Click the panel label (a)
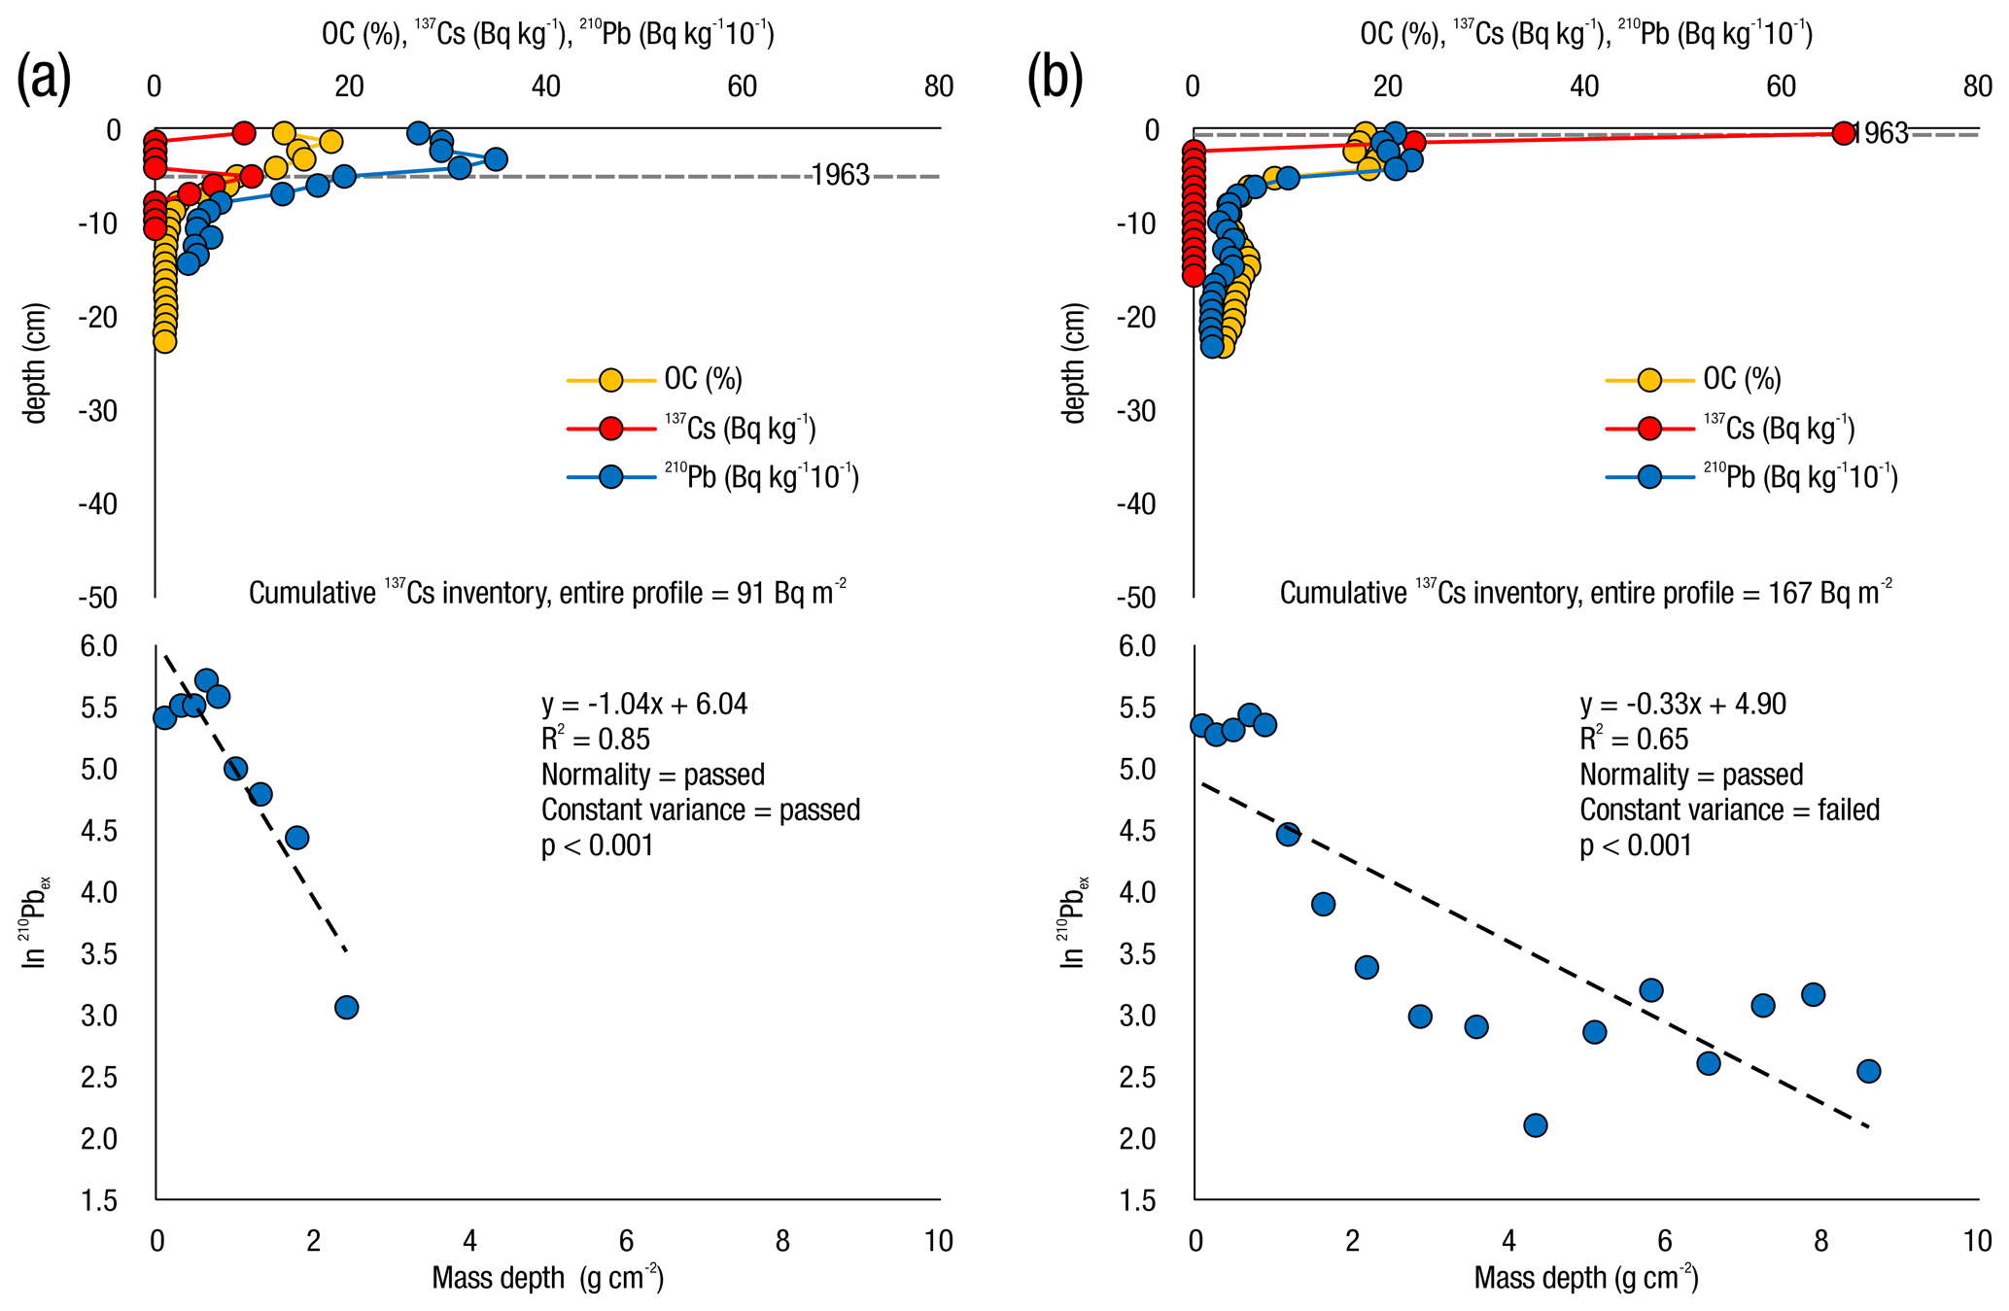pyautogui.click(x=44, y=80)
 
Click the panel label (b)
pyautogui.click(x=1055, y=80)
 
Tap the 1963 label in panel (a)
pyautogui.click(x=840, y=176)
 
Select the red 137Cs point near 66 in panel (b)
pyautogui.click(x=1843, y=133)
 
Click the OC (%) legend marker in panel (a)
pyautogui.click(x=610, y=380)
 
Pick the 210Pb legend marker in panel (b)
pyautogui.click(x=1649, y=477)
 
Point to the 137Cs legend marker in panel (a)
pyautogui.click(x=610, y=429)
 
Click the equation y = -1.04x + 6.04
pyautogui.click(x=644, y=705)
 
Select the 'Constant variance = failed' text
pyautogui.click(x=1729, y=810)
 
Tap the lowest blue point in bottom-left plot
pyautogui.click(x=346, y=1007)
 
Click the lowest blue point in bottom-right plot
pyautogui.click(x=1536, y=1125)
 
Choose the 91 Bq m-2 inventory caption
pyautogui.click(x=547, y=593)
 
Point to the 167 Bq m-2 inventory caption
pyautogui.click(x=1585, y=593)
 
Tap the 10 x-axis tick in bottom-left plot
pyautogui.click(x=938, y=1241)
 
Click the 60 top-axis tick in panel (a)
pyautogui.click(x=743, y=86)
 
